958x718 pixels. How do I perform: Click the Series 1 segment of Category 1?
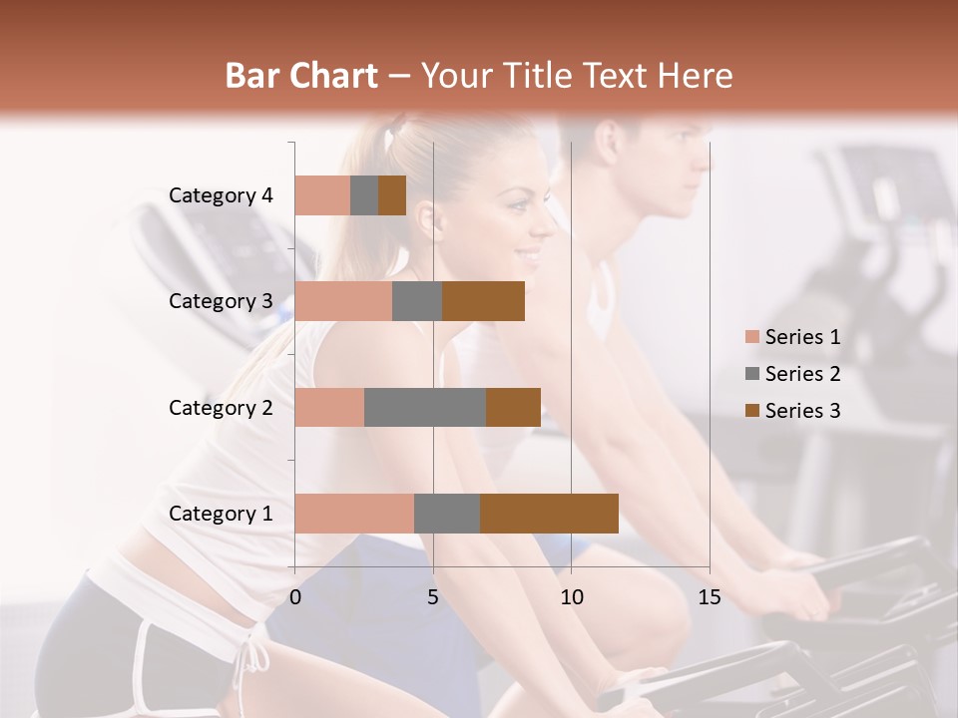[x=354, y=514]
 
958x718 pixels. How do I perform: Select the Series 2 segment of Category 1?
[x=446, y=514]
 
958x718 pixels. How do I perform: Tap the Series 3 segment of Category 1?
[x=549, y=514]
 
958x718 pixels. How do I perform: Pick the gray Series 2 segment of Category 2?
[x=424, y=407]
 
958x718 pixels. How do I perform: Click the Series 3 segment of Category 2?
[x=513, y=407]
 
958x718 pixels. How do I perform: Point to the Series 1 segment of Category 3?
[x=343, y=301]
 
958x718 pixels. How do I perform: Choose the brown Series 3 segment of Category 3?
[x=483, y=301]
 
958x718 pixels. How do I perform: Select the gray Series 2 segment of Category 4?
[x=364, y=195]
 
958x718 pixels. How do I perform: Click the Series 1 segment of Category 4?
[x=322, y=195]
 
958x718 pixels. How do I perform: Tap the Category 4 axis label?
[x=221, y=195]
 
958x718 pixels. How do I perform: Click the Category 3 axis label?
[x=221, y=301]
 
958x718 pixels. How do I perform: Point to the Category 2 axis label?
[x=221, y=407]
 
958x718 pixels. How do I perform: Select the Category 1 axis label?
[x=221, y=514]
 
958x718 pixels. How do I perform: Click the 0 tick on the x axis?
[x=295, y=597]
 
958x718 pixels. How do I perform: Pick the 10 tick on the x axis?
[x=571, y=597]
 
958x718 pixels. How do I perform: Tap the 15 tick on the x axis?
[x=710, y=597]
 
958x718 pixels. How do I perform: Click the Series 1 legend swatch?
[x=751, y=337]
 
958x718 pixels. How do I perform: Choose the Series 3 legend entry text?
[x=802, y=411]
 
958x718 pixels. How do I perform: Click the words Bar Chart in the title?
[x=301, y=76]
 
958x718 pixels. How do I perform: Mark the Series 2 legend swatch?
[x=751, y=374]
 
